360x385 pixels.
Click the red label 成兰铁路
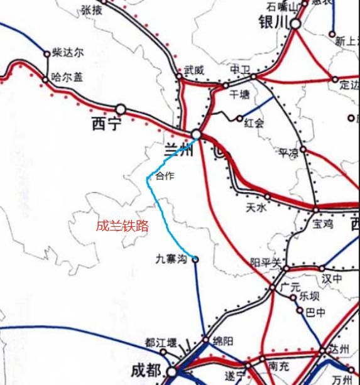(123, 226)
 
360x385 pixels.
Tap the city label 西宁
(105, 124)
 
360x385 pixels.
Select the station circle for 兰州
(197, 134)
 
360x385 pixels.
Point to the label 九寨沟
(172, 258)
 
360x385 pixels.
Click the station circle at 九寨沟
(195, 259)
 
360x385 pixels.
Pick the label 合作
(165, 176)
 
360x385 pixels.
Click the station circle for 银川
(294, 24)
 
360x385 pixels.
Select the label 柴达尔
(68, 53)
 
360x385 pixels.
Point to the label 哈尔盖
(67, 77)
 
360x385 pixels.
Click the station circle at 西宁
(120, 109)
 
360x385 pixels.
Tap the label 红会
(255, 122)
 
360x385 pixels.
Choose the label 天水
(258, 207)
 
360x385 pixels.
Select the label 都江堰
(161, 343)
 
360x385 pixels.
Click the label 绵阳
(223, 341)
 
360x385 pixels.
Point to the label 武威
(194, 70)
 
